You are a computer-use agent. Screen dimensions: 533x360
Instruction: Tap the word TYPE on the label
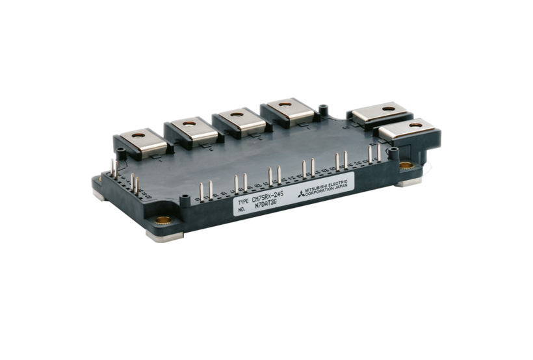coord(243,203)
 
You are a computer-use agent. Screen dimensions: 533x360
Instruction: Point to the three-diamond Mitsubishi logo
coord(301,194)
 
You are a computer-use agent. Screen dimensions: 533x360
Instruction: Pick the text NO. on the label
coord(242,210)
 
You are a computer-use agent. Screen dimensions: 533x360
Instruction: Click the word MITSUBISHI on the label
coord(316,187)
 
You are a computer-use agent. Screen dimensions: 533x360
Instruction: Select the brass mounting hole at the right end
coord(406,166)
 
